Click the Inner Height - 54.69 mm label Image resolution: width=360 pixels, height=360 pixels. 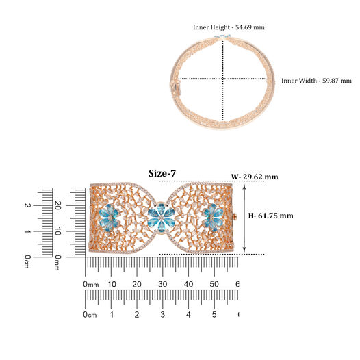pos(229,27)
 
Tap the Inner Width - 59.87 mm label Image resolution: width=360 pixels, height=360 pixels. pos(316,81)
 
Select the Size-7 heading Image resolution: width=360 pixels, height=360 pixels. pos(162,173)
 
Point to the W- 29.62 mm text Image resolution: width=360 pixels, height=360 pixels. pos(255,177)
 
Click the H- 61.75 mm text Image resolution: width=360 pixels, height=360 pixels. pos(271,216)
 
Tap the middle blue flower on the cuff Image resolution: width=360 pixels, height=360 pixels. pos(162,217)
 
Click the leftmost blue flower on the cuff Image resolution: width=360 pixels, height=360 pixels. pos(110,218)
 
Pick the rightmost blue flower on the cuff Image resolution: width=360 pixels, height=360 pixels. pos(213,217)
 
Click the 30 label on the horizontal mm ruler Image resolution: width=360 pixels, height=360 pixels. pos(163,284)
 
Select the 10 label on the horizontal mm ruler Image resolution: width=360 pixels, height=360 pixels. pos(112,284)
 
